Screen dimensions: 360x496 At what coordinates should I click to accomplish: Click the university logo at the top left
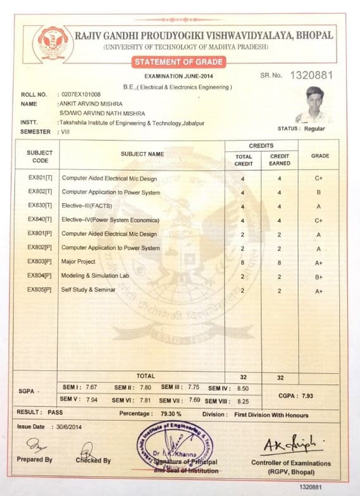point(52,42)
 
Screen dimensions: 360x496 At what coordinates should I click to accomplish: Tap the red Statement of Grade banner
point(178,62)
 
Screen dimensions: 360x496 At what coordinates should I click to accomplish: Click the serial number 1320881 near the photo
point(310,75)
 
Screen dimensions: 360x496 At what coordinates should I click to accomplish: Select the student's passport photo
point(314,105)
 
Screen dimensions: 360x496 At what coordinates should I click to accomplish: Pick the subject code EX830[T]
point(40,206)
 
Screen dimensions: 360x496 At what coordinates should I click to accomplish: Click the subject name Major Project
point(78,261)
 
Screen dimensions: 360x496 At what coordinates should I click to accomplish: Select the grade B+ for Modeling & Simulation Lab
point(319,276)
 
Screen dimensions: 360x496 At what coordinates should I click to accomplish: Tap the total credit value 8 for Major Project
point(243,262)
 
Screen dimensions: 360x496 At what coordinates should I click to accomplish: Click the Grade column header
point(320,156)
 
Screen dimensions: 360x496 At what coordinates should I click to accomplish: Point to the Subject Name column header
point(142,154)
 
